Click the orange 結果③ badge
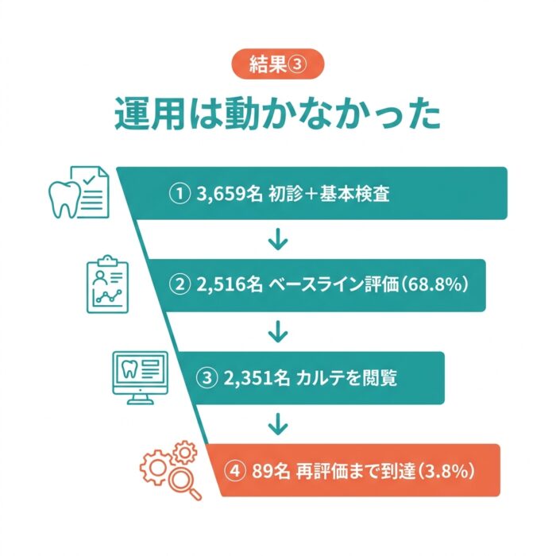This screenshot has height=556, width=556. pyautogui.click(x=278, y=64)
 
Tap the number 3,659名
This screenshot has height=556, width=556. pyautogui.click(x=230, y=194)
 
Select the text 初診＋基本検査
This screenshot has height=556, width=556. pyautogui.click(x=329, y=194)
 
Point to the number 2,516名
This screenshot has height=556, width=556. pyautogui.click(x=230, y=284)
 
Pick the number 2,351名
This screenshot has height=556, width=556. pyautogui.click(x=256, y=378)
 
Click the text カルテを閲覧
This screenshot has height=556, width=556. pyautogui.click(x=346, y=378)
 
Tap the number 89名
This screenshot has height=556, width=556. pyautogui.click(x=271, y=471)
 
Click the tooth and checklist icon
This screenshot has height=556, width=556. pyautogui.click(x=79, y=192)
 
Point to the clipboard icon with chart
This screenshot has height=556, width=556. pyautogui.click(x=107, y=284)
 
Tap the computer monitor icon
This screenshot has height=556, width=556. pyautogui.click(x=140, y=378)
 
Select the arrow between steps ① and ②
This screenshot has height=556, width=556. pyautogui.click(x=278, y=239)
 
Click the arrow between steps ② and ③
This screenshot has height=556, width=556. pyautogui.click(x=278, y=332)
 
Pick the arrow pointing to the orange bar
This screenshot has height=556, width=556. pyautogui.click(x=278, y=423)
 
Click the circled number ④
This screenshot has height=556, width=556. pyautogui.click(x=235, y=471)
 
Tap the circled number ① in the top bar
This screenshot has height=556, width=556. pyautogui.click(x=180, y=194)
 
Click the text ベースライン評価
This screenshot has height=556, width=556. pyautogui.click(x=334, y=284)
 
